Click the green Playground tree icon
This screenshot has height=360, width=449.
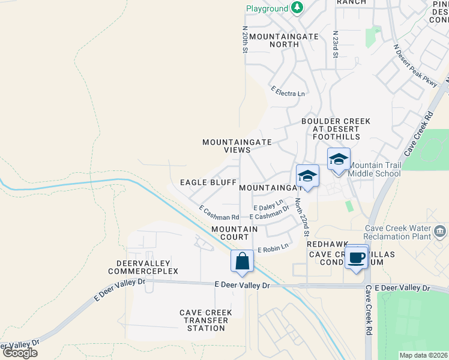[x=297, y=8]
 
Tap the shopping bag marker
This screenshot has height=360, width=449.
[x=242, y=261]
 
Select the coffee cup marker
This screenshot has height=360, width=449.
[x=357, y=257]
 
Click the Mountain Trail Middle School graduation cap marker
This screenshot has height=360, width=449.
[x=339, y=159]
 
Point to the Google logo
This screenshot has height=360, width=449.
[x=20, y=352]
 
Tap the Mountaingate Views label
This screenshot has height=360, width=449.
[x=237, y=146]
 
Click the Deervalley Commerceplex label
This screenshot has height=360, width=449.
[x=143, y=267]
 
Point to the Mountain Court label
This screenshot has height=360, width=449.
[x=235, y=233]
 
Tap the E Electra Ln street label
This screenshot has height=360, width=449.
[x=288, y=93]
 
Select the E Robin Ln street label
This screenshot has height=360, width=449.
[x=273, y=247]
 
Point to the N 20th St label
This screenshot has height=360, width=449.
[x=245, y=40]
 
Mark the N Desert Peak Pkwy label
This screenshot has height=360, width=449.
[x=415, y=67]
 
